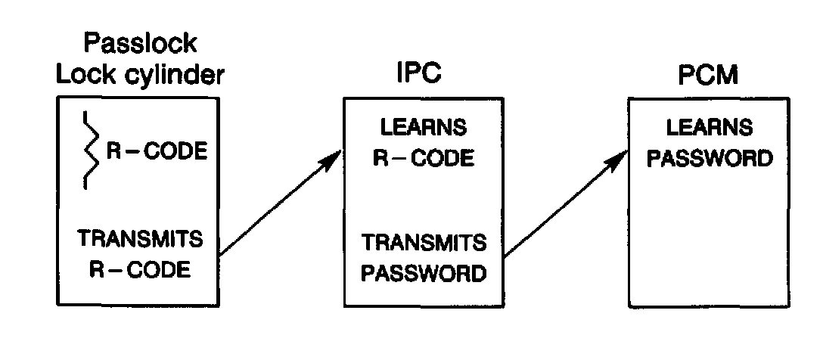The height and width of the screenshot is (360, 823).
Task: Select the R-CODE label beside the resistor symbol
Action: pyautogui.click(x=156, y=151)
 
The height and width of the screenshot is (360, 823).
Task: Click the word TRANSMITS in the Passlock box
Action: pyautogui.click(x=141, y=241)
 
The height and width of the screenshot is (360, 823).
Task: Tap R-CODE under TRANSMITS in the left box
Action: pyautogui.click(x=141, y=270)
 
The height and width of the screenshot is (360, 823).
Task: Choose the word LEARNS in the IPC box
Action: pyautogui.click(x=424, y=127)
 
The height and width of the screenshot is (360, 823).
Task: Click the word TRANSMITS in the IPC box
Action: pyautogui.click(x=424, y=243)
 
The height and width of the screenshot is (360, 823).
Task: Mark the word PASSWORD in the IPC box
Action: pyautogui.click(x=424, y=272)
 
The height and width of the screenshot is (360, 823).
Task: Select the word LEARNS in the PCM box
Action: pyautogui.click(x=708, y=127)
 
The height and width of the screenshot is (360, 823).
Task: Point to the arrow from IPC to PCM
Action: pyautogui.click(x=564, y=204)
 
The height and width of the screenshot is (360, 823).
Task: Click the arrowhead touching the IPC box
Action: pyautogui.click(x=333, y=157)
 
